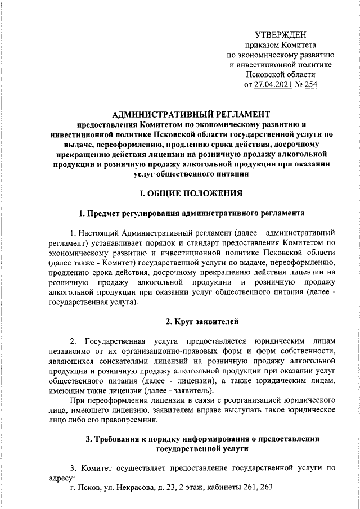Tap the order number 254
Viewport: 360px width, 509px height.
click(310, 85)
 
